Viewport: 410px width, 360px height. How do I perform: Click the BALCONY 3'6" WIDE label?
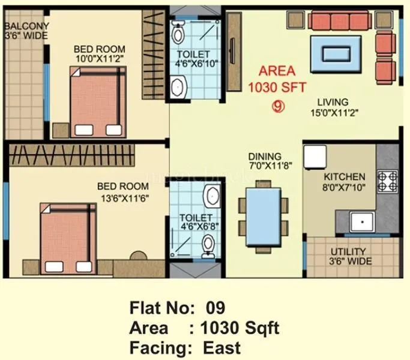click(26, 30)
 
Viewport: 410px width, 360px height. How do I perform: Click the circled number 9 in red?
click(277, 107)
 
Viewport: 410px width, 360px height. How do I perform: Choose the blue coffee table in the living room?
click(340, 53)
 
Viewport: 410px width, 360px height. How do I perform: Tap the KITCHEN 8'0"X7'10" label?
click(344, 182)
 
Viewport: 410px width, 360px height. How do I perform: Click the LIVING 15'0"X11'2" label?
click(333, 107)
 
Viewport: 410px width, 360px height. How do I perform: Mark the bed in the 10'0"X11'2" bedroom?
click(98, 101)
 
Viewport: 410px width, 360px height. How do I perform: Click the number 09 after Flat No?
click(214, 308)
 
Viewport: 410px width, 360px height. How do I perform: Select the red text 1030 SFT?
click(268, 86)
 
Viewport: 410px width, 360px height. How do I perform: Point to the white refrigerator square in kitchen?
click(314, 157)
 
